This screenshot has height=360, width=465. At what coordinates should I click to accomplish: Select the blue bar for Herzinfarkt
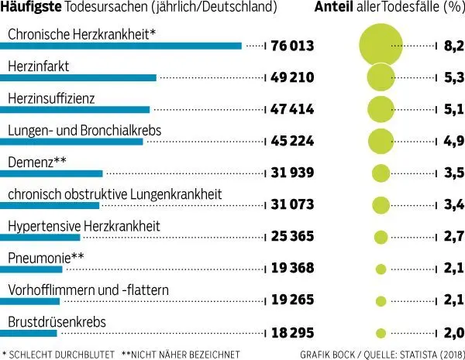(x=78, y=77)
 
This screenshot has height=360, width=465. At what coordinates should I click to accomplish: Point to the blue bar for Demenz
(x=51, y=173)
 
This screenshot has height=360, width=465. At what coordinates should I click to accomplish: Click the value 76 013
(x=292, y=46)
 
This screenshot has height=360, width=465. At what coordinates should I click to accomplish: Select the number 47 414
(x=292, y=110)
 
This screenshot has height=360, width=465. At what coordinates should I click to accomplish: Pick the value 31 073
(x=292, y=206)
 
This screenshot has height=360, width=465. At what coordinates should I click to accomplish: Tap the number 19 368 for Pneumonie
(x=292, y=269)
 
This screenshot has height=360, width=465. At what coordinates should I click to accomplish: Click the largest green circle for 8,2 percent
(x=381, y=46)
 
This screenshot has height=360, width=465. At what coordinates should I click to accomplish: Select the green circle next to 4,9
(x=381, y=141)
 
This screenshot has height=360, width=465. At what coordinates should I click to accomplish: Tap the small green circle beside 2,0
(x=381, y=333)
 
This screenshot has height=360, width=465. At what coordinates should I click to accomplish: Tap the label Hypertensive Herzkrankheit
(x=84, y=226)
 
